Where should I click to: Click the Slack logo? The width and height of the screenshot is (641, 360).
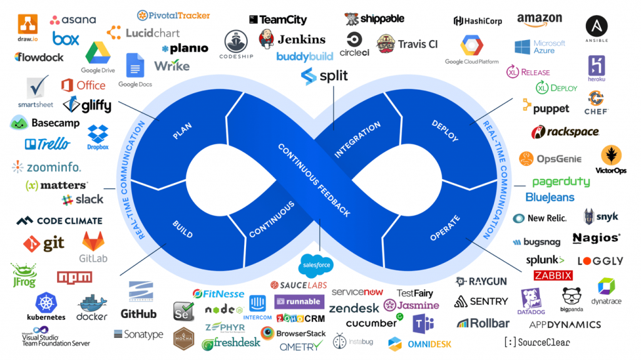pyautogui.click(x=83, y=200)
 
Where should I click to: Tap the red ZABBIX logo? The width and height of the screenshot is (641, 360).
pyautogui.click(x=553, y=275)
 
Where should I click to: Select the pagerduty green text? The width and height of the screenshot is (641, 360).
pyautogui.click(x=561, y=182)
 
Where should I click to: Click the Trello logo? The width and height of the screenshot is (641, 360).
pyautogui.click(x=48, y=144)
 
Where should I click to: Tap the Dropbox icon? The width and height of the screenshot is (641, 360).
pyautogui.click(x=98, y=135)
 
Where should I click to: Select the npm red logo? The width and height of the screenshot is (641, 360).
pyautogui.click(x=74, y=277)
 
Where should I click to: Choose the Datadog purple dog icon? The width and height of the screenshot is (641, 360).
pyautogui.click(x=531, y=299)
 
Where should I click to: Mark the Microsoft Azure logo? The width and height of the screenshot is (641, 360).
pyautogui.click(x=540, y=47)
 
